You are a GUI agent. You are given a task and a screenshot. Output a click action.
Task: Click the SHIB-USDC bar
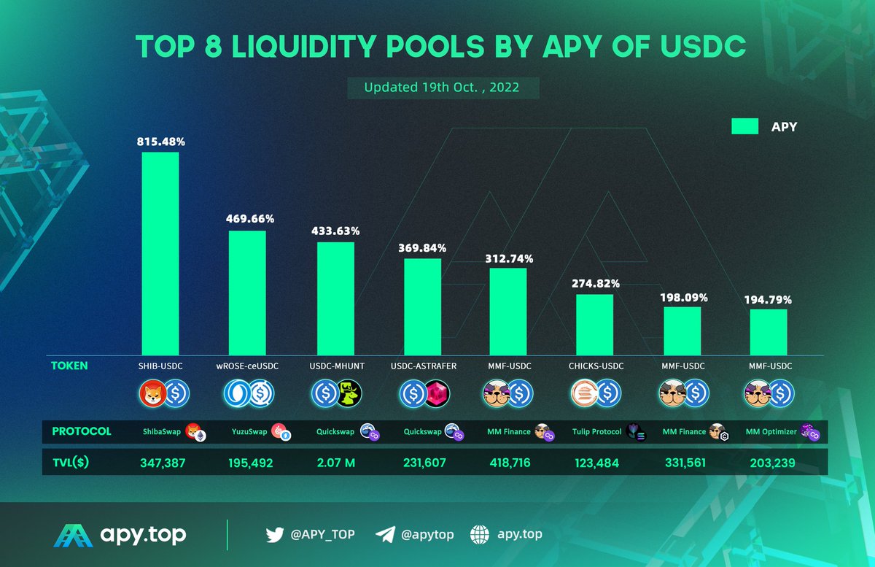(160, 253)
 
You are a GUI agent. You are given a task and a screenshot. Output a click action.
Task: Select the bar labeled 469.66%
(247, 293)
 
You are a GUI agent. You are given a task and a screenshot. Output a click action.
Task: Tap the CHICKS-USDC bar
(594, 325)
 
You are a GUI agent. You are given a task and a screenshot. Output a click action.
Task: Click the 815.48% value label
(160, 142)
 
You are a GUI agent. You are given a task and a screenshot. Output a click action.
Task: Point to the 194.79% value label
(768, 299)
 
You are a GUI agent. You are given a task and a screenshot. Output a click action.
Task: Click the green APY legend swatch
(746, 127)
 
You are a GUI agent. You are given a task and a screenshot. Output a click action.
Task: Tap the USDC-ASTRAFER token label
(423, 366)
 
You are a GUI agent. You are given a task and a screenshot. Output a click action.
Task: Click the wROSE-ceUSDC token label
(248, 366)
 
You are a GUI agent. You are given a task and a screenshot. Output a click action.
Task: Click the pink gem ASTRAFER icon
(437, 394)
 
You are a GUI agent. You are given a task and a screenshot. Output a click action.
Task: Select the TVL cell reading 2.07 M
(335, 461)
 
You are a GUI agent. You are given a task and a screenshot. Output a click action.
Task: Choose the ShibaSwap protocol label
(161, 432)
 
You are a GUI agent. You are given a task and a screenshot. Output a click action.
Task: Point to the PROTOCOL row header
(82, 431)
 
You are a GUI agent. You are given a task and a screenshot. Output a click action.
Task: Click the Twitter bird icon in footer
(275, 535)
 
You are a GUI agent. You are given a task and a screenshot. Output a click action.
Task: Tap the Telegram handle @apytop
(427, 535)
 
